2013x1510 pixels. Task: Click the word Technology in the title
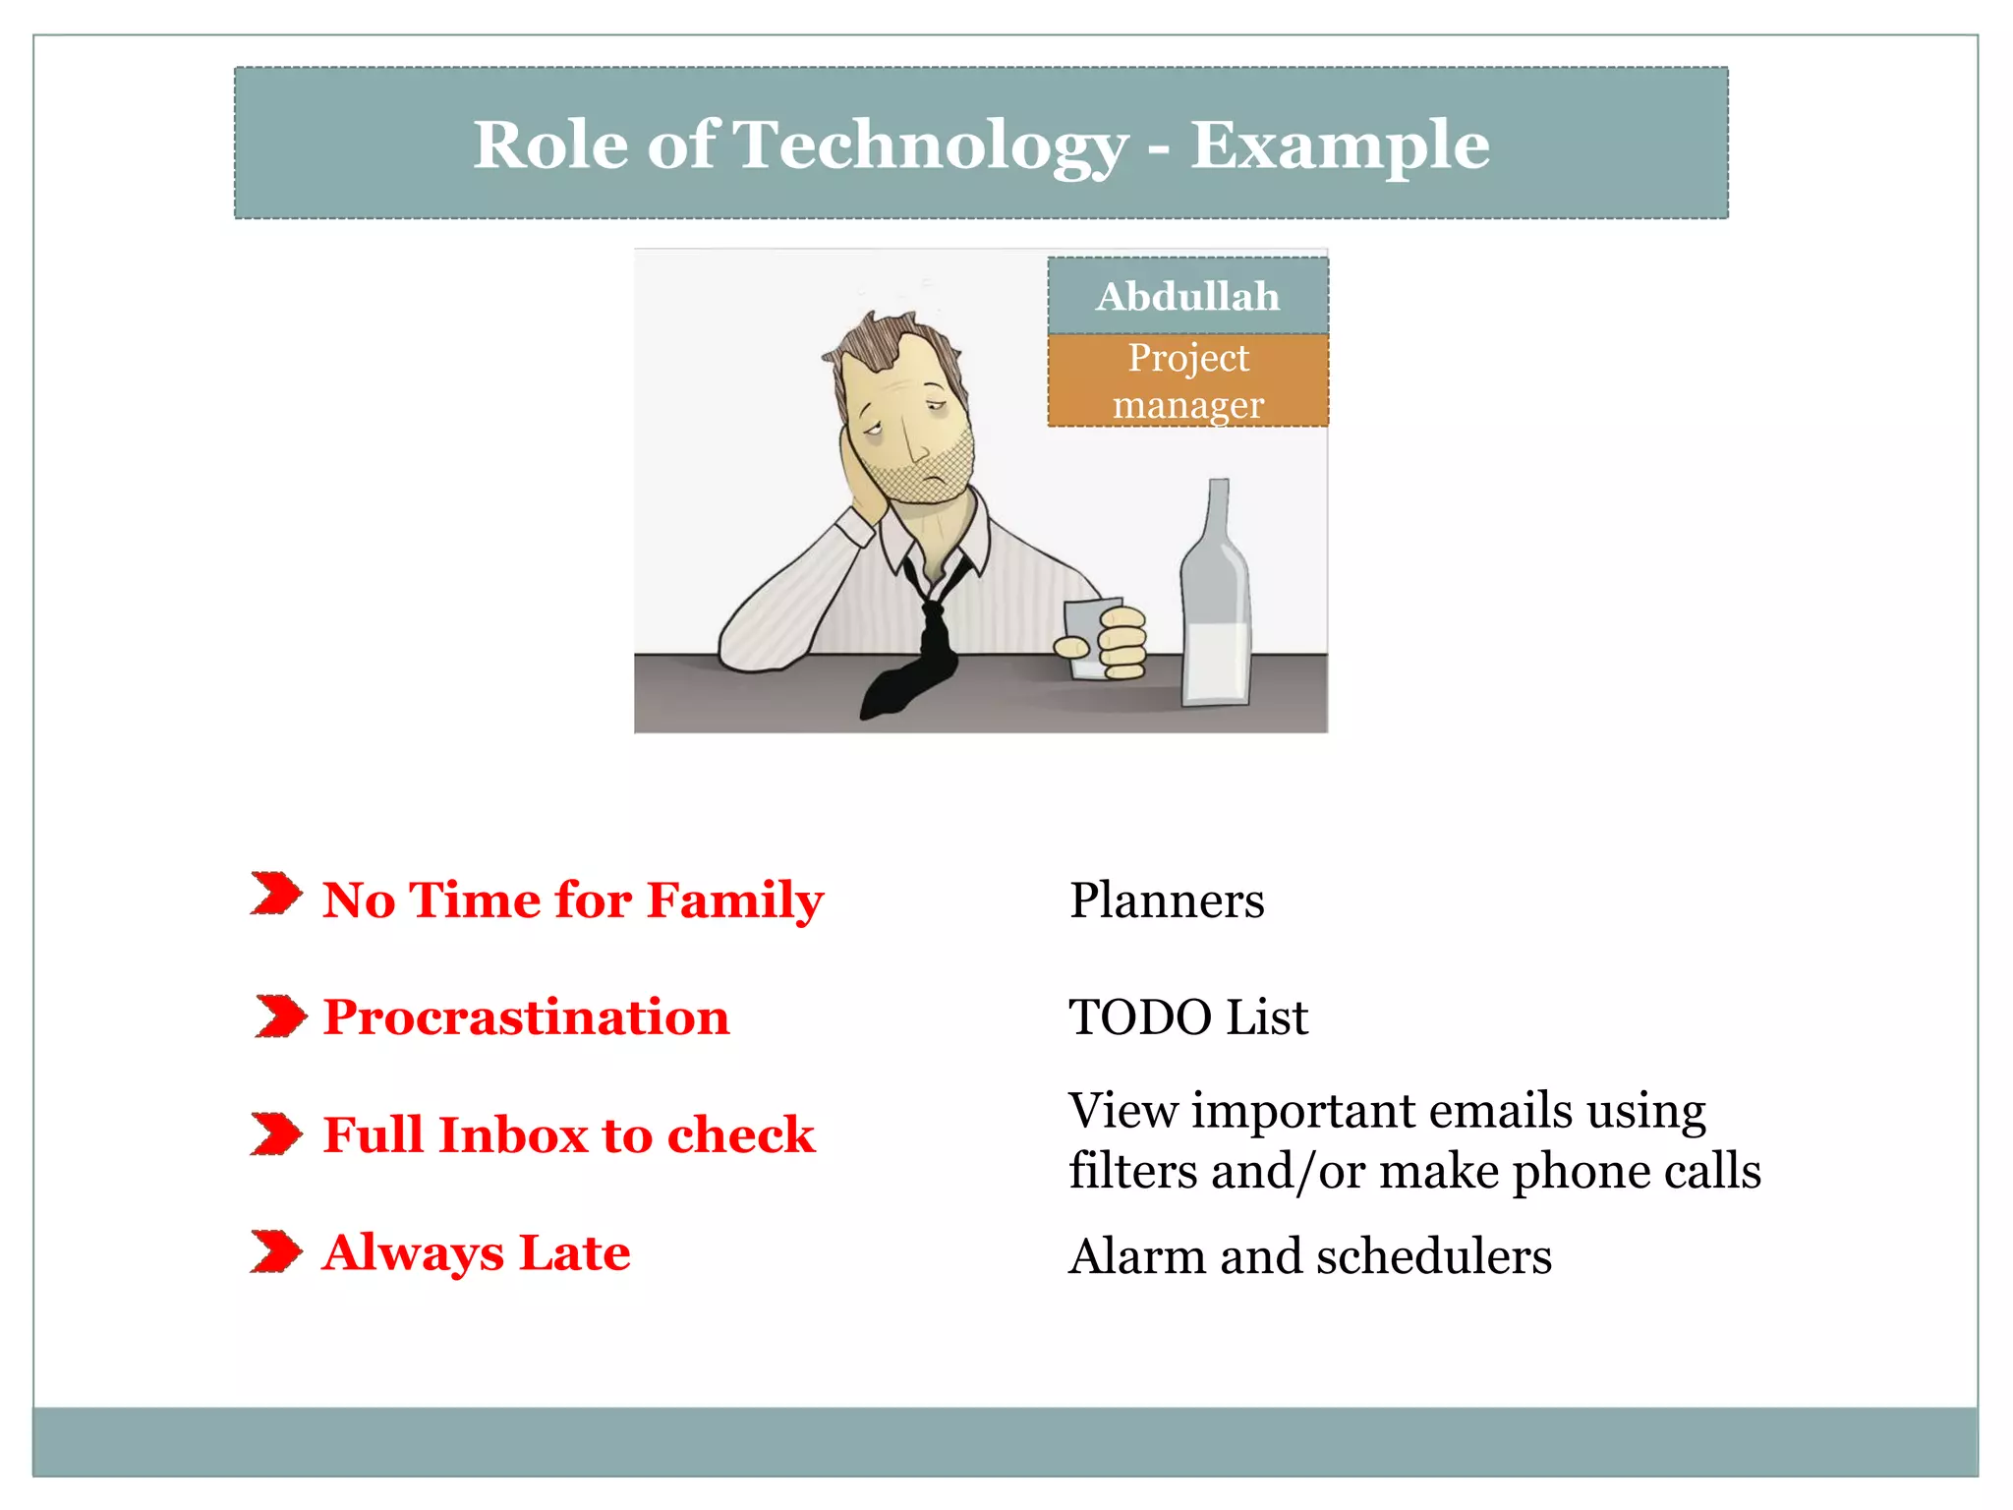click(930, 145)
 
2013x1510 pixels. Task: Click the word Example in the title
click(1340, 145)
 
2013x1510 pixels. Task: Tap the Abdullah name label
click(1187, 296)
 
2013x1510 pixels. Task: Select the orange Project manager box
click(1187, 380)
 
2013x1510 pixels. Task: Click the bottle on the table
click(1216, 610)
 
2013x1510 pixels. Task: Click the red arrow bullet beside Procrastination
click(280, 1016)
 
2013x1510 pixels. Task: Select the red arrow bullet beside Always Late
click(276, 1251)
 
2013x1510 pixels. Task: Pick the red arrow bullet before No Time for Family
click(276, 893)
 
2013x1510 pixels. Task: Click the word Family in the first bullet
click(735, 900)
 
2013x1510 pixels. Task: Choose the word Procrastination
click(526, 1016)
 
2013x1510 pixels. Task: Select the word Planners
click(1167, 900)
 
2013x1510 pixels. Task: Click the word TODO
click(1140, 1016)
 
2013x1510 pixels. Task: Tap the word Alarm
click(1137, 1256)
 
